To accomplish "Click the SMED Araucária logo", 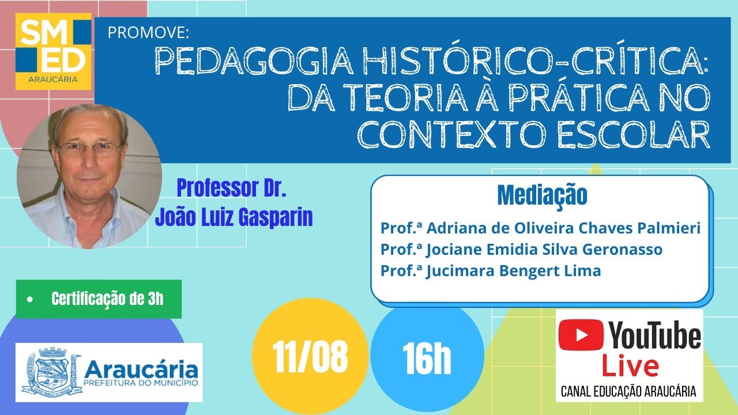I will click(54, 51).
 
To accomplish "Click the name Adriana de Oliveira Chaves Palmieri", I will click(562, 228).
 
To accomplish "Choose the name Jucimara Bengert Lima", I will click(513, 270).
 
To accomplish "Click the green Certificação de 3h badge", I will click(99, 299).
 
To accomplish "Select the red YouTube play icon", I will click(581, 335).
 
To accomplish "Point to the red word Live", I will click(630, 367).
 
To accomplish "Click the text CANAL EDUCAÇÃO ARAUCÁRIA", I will click(628, 392).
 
